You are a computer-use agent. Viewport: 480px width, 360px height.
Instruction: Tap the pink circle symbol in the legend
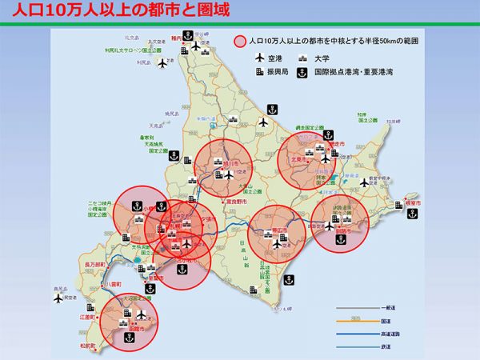pos(240,39)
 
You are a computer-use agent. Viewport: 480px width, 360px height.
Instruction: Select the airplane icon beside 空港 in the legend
pos(258,58)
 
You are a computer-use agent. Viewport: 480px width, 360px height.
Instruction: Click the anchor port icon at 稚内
pos(186,34)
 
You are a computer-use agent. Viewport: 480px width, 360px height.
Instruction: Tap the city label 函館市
pos(126,326)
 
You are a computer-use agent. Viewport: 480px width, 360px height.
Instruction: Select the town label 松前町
pos(85,346)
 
